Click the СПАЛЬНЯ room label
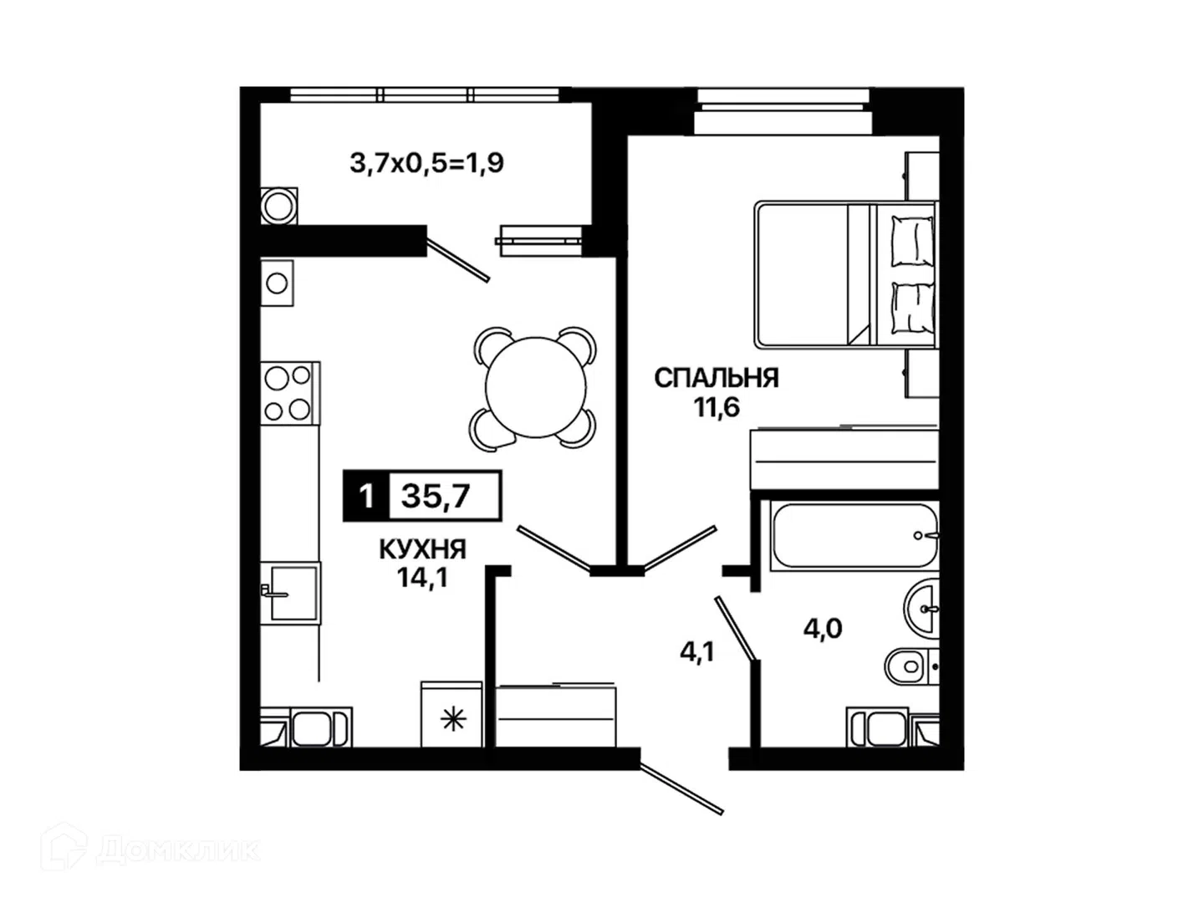[x=716, y=378]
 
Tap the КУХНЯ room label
[x=422, y=549]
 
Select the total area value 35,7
[x=436, y=496]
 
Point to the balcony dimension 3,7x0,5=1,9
[x=426, y=163]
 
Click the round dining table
[x=535, y=388]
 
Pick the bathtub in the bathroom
[x=854, y=535]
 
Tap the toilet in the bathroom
[x=911, y=666]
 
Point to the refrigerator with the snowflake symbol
[x=451, y=714]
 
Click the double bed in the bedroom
[x=845, y=275]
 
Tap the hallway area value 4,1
[x=696, y=652]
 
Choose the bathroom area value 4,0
[x=822, y=628]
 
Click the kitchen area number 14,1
[x=422, y=577]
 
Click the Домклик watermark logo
[x=150, y=850]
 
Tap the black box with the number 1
[x=366, y=496]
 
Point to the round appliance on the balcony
[x=278, y=207]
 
